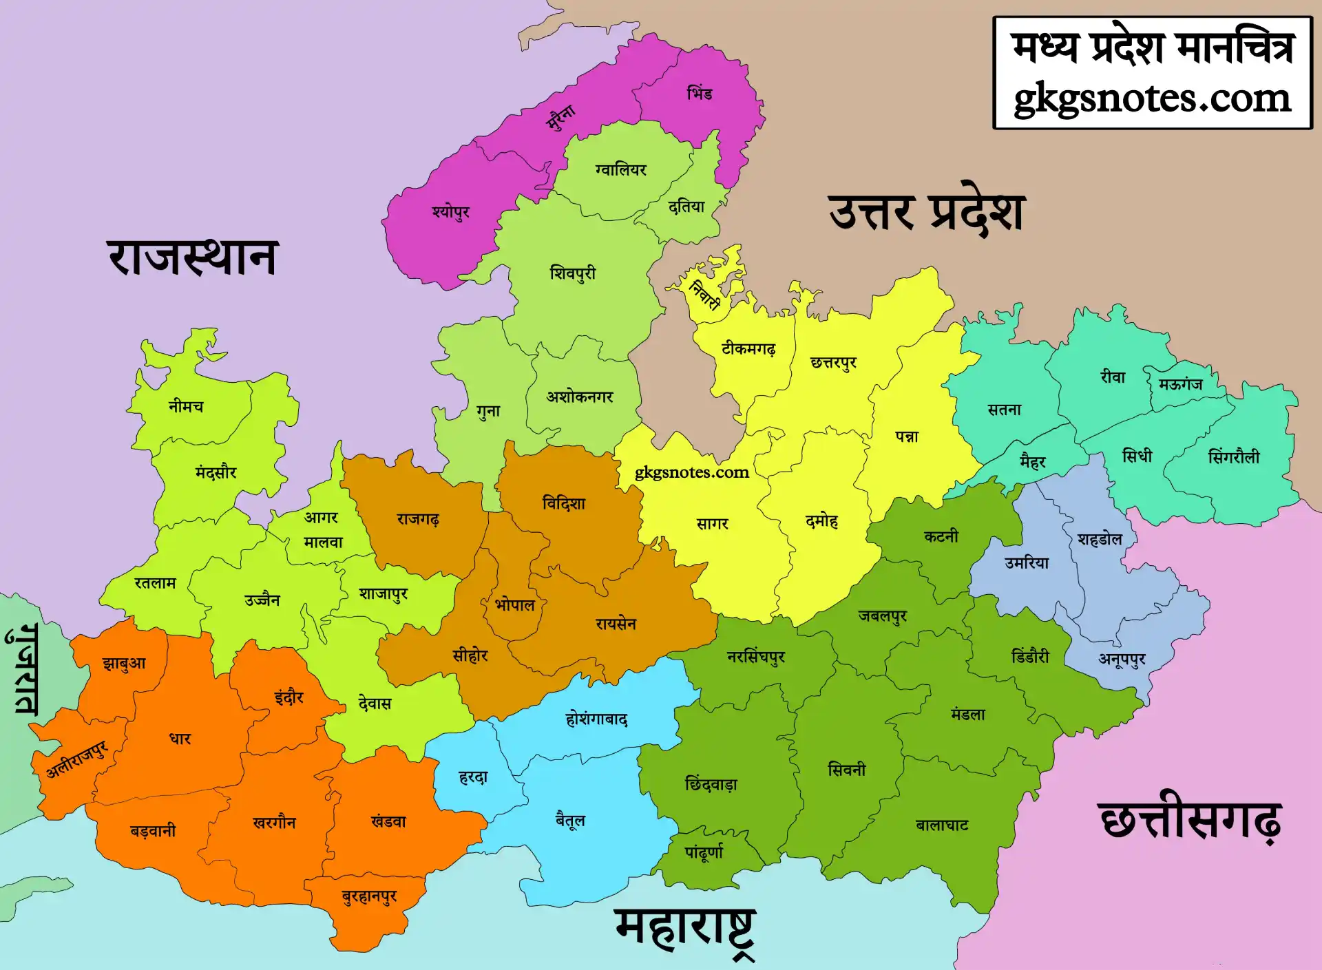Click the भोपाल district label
click(x=515, y=606)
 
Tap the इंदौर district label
click(x=289, y=697)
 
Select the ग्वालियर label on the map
click(x=621, y=169)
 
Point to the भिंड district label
click(x=700, y=93)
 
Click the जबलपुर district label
click(x=882, y=616)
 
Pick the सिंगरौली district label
click(x=1233, y=457)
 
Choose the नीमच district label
click(x=186, y=406)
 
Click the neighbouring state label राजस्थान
click(x=193, y=257)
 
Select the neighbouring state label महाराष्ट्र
click(x=685, y=929)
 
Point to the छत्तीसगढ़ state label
click(x=1190, y=821)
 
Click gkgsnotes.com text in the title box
click(x=1152, y=98)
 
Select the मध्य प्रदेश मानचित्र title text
click(x=1152, y=48)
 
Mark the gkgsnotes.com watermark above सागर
click(x=691, y=472)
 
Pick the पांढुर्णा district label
click(x=704, y=852)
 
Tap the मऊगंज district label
click(x=1180, y=384)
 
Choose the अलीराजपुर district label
click(x=76, y=759)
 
